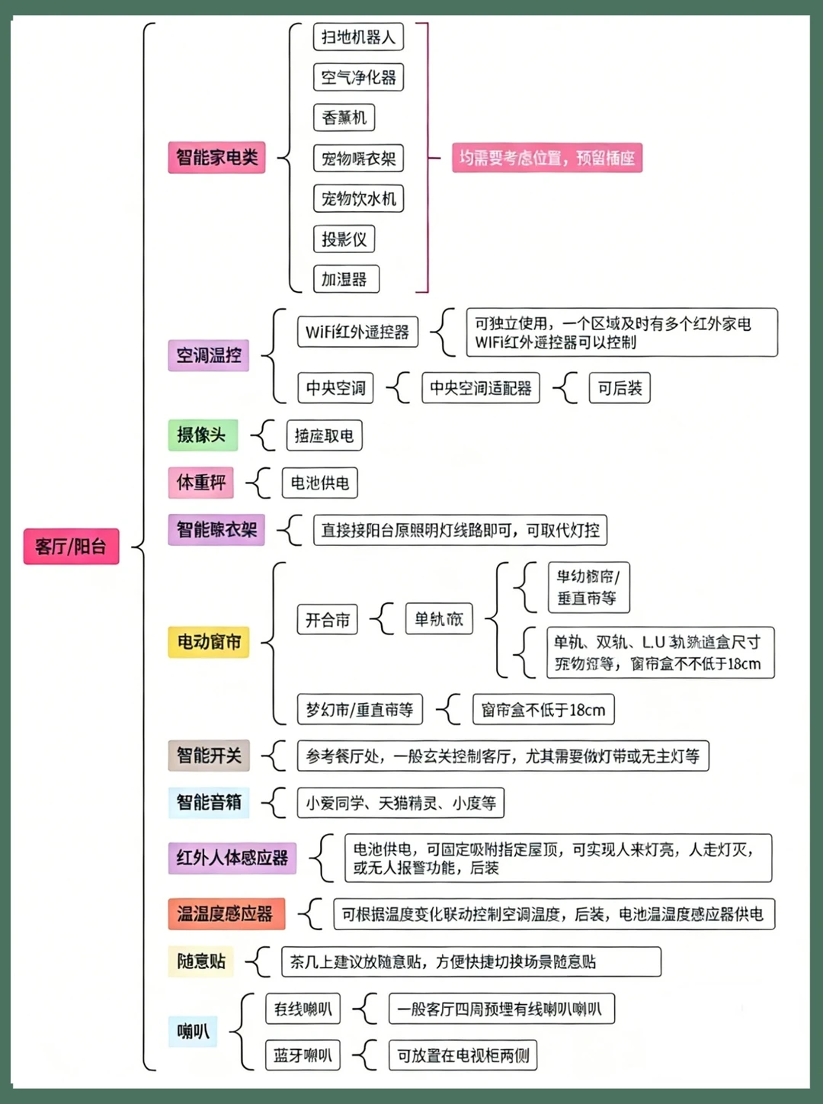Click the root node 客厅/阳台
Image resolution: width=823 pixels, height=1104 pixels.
(71, 546)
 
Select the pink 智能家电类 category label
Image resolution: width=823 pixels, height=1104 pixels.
(216, 158)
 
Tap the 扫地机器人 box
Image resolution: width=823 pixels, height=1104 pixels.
(358, 37)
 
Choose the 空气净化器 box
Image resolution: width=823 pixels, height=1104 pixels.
(358, 77)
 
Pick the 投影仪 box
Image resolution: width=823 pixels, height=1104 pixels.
(344, 239)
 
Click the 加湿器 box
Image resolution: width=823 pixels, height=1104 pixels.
(345, 279)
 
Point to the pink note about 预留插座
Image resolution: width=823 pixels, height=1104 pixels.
(546, 158)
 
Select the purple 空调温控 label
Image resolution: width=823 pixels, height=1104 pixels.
(208, 355)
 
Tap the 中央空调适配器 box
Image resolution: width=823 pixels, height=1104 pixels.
(480, 388)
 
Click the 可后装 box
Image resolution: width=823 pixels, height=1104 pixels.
(619, 388)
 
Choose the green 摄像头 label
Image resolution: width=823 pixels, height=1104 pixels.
(202, 435)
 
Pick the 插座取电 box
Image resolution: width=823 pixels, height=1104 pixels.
(324, 435)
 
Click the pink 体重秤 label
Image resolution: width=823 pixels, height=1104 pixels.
(200, 482)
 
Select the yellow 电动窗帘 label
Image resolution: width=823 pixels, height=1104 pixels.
(208, 642)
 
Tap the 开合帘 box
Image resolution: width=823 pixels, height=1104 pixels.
(327, 620)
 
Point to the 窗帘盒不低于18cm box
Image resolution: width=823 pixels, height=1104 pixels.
(543, 710)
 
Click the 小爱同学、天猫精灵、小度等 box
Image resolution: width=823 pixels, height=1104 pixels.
(401, 803)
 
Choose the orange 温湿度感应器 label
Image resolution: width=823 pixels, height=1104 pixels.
(226, 913)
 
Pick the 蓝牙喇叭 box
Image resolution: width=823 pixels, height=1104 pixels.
(303, 1055)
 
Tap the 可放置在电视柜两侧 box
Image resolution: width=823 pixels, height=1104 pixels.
(463, 1055)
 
